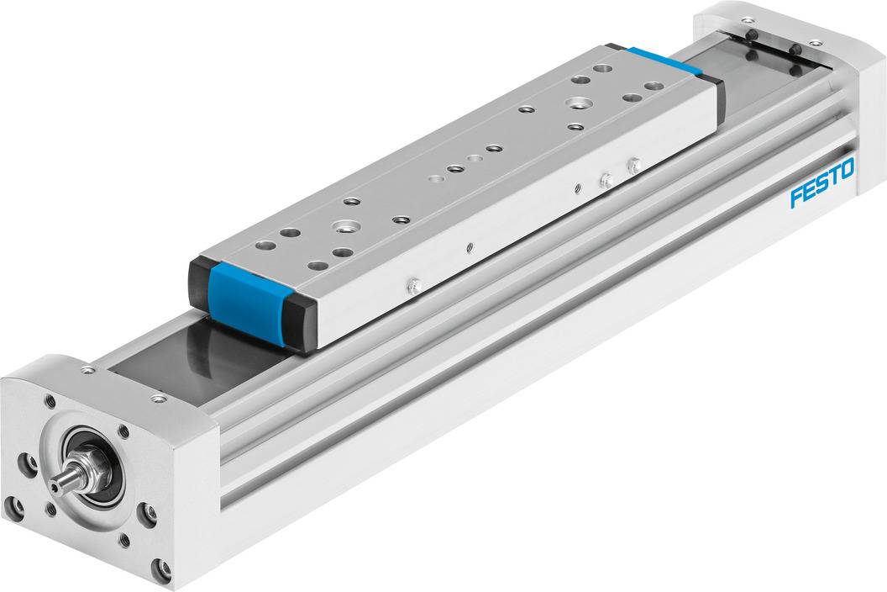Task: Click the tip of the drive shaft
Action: pos(57,484)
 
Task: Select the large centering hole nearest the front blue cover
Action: pos(344,226)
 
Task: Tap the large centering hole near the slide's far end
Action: pos(576,103)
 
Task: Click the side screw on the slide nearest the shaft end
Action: pos(412,287)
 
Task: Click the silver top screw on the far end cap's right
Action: pos(814,42)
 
